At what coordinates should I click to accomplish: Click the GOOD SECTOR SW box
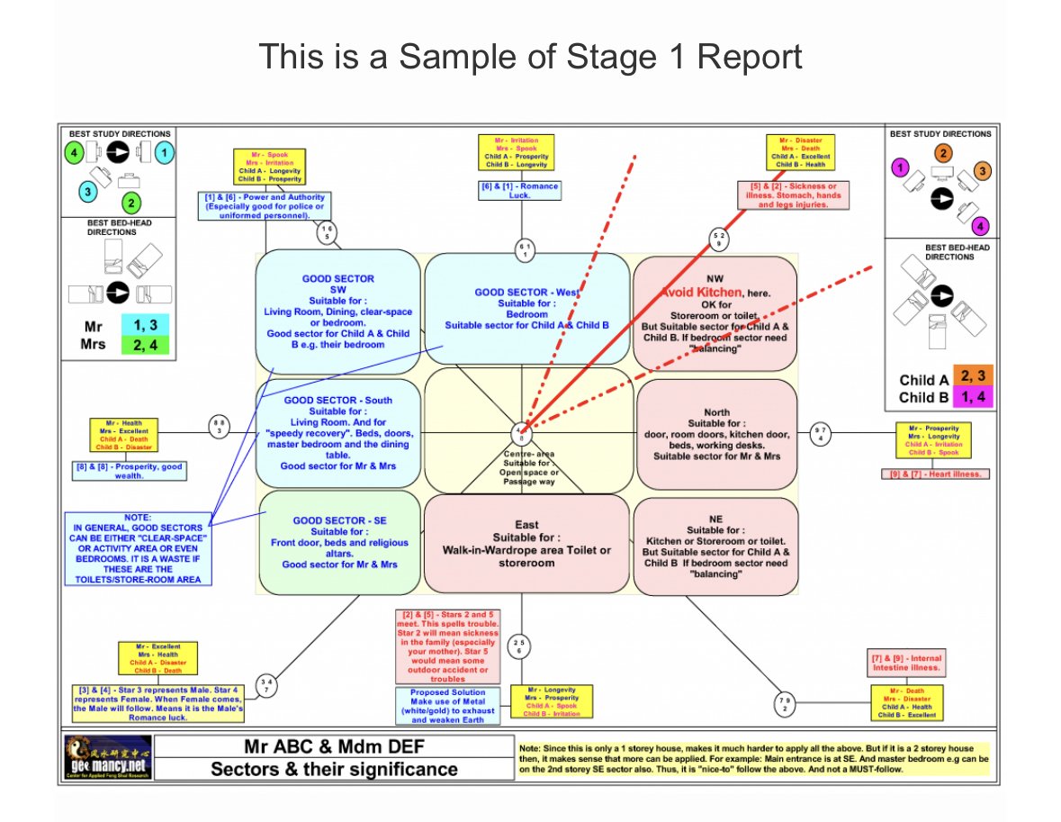(x=337, y=312)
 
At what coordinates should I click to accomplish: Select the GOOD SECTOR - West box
(x=526, y=309)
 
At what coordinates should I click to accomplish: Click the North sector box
(x=716, y=434)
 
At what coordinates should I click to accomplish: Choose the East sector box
(x=526, y=544)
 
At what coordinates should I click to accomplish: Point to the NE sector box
(x=716, y=546)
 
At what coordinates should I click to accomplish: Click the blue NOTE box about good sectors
(x=139, y=548)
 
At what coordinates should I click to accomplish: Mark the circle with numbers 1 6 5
(x=328, y=231)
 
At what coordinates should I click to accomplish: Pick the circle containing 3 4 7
(x=266, y=685)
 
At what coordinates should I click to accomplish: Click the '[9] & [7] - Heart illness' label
(x=935, y=474)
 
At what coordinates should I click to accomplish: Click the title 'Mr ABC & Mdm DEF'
(x=334, y=747)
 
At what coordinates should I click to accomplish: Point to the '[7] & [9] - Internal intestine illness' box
(x=905, y=663)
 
